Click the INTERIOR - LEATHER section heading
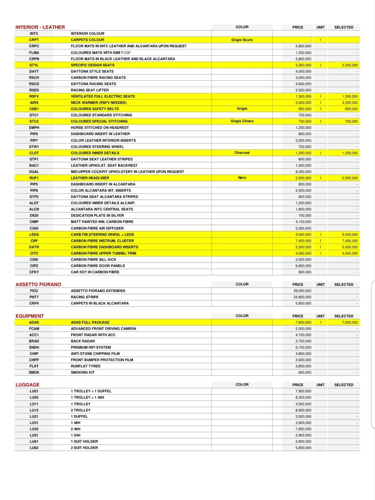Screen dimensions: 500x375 click(40, 27)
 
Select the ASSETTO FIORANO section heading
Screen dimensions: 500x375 click(38, 284)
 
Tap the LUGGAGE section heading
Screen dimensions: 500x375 click(27, 385)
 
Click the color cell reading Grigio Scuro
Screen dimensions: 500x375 click(242, 40)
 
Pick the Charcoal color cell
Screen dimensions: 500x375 click(242, 153)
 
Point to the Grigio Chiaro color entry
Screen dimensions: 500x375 click(242, 121)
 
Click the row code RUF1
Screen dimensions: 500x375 click(34, 178)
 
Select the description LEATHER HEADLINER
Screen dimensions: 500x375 click(90, 178)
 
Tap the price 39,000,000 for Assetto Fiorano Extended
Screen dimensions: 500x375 click(303, 291)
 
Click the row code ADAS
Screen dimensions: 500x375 click(34, 322)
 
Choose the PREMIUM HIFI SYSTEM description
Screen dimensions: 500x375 click(91, 347)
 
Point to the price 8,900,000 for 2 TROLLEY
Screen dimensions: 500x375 click(304, 410)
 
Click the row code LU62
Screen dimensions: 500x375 click(34, 448)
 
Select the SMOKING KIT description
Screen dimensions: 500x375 click(82, 372)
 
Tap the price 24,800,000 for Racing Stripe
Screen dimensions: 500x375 click(303, 297)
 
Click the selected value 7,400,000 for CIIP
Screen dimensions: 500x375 click(350, 241)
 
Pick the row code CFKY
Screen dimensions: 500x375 click(34, 272)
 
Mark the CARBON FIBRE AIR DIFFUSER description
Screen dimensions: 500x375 click(97, 228)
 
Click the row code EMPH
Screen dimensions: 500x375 click(34, 128)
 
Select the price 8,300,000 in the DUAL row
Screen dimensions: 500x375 click(304, 172)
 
